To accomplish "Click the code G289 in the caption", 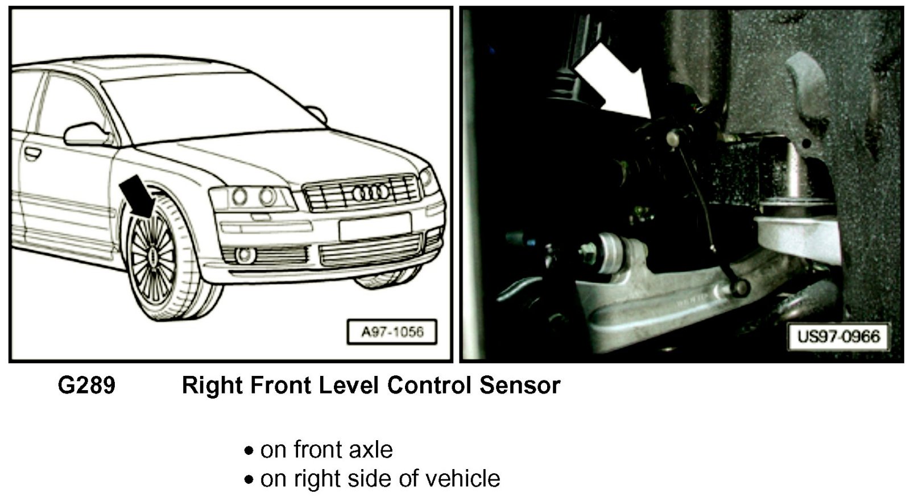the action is pyautogui.click(x=86, y=385).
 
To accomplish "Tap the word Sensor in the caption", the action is pyautogui.click(x=520, y=385).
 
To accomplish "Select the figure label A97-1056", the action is pyautogui.click(x=392, y=332).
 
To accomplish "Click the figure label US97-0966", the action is pyautogui.click(x=838, y=337).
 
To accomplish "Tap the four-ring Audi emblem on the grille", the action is pyautogui.click(x=371, y=193).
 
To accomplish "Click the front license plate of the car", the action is pyautogui.click(x=375, y=227).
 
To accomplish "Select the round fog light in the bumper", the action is pyautogui.click(x=245, y=255).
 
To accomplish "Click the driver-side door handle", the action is pyautogui.click(x=32, y=153).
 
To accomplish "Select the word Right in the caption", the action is pyautogui.click(x=212, y=385).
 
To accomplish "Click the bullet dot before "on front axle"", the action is pyautogui.click(x=249, y=451).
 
